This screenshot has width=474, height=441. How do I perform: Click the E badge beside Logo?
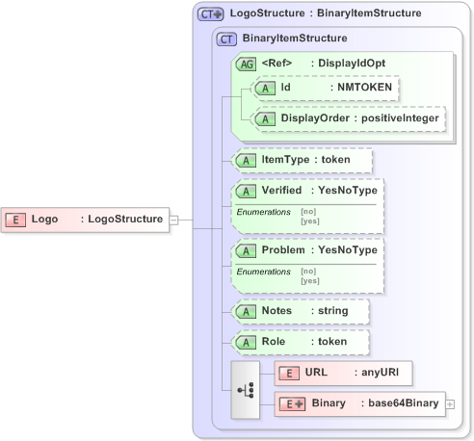coord(16,219)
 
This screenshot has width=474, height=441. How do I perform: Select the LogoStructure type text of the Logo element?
coord(124,219)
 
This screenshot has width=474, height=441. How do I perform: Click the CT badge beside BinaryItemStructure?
coord(227,39)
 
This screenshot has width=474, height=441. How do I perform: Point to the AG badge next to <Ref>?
coord(246,64)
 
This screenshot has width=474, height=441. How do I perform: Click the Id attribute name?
coord(287,88)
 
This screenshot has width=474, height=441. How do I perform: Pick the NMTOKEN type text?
coord(362,88)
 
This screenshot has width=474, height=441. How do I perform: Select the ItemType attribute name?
coord(289,159)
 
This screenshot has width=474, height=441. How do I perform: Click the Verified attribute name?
coord(288,191)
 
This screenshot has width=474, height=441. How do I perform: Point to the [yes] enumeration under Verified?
coord(310,220)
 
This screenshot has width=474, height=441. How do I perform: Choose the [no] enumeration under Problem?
coord(308,272)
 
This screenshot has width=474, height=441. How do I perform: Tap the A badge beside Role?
coord(246,342)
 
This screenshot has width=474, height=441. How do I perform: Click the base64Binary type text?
coord(400,402)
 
